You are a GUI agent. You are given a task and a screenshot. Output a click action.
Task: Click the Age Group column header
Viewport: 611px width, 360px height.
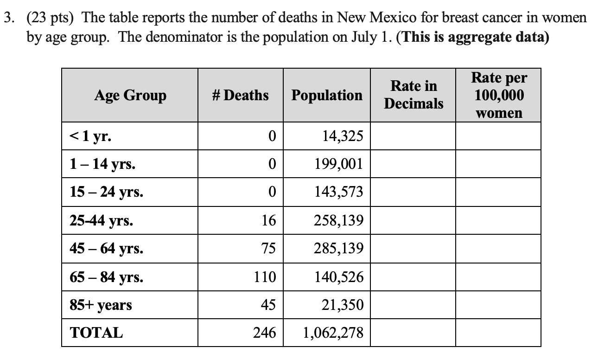pyautogui.click(x=130, y=96)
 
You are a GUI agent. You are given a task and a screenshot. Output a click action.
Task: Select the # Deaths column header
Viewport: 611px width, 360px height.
pyautogui.click(x=240, y=96)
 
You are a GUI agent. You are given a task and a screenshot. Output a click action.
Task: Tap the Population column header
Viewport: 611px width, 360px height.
pyautogui.click(x=327, y=96)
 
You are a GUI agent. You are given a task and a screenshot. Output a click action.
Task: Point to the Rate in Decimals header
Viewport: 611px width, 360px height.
pyautogui.click(x=413, y=95)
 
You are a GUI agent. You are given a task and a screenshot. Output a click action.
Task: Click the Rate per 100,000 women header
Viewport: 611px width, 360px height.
pyautogui.click(x=499, y=95)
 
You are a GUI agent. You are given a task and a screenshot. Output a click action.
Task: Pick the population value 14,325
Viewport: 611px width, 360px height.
pyautogui.click(x=343, y=136)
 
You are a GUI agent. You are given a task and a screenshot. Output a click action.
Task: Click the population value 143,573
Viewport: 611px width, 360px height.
pyautogui.click(x=340, y=192)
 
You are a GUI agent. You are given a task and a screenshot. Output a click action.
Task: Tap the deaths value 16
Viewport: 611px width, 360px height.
pyautogui.click(x=268, y=220)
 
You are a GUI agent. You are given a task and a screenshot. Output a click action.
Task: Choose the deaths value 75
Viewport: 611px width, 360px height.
pyautogui.click(x=268, y=249)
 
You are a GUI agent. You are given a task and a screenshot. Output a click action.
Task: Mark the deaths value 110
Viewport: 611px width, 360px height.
pyautogui.click(x=265, y=277)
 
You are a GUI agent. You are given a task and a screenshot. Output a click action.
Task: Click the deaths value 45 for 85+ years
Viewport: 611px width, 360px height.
pyautogui.click(x=268, y=305)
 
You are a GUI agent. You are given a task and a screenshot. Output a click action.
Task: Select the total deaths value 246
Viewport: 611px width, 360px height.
pyautogui.click(x=265, y=333)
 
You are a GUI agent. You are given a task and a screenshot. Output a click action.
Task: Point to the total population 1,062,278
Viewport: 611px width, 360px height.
pyautogui.click(x=333, y=333)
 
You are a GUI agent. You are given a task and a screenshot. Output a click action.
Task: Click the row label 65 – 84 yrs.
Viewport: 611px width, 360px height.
pyautogui.click(x=106, y=277)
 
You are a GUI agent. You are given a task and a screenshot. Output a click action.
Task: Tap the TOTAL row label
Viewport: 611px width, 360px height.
pyautogui.click(x=96, y=333)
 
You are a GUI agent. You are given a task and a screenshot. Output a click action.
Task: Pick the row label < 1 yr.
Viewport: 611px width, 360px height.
pyautogui.click(x=90, y=136)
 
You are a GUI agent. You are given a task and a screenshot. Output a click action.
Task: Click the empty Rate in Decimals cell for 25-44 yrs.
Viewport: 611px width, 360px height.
pyautogui.click(x=413, y=220)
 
